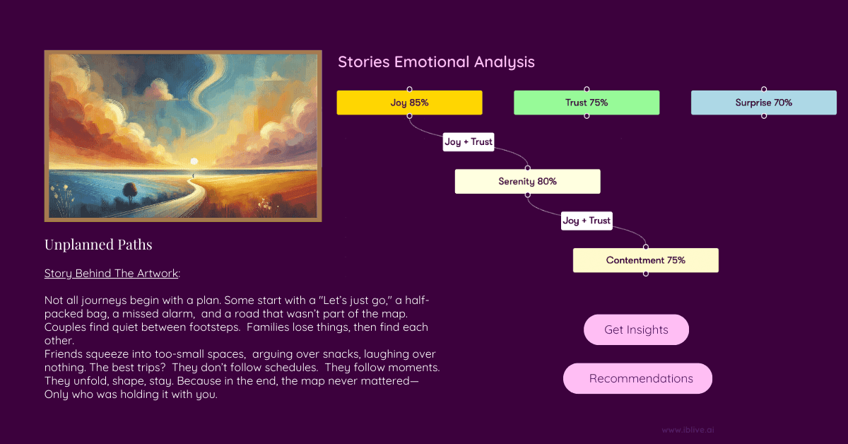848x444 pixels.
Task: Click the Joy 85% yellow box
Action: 409,103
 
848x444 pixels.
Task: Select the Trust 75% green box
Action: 587,103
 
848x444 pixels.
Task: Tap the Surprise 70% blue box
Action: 764,103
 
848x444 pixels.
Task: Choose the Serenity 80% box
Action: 527,182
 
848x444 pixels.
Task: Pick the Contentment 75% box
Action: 645,260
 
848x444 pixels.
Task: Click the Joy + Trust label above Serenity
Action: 469,141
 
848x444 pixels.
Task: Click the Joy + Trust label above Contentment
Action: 587,221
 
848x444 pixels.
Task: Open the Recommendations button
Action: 637,378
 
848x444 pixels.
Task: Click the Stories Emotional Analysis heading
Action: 436,62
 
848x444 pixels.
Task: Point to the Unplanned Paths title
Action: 98,245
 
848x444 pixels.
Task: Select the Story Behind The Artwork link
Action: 111,273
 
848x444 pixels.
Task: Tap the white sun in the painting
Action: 194,161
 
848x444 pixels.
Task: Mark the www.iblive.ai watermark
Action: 688,430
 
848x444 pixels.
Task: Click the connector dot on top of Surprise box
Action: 764,89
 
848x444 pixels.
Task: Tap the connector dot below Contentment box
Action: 646,274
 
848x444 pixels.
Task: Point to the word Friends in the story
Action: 62,354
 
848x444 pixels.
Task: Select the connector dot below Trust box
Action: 587,116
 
